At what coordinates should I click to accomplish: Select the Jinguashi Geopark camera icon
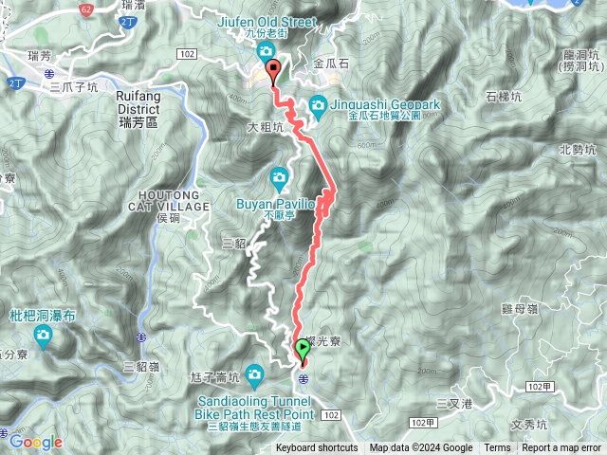point(318,104)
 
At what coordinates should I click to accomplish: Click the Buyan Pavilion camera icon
point(279,176)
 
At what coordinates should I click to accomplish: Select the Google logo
point(36,442)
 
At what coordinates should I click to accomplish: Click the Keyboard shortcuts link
point(317,448)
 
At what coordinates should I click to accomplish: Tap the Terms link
point(497,448)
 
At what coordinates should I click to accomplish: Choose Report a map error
point(562,448)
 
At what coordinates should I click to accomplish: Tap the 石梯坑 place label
point(504,97)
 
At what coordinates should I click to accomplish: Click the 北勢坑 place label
point(578,149)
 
